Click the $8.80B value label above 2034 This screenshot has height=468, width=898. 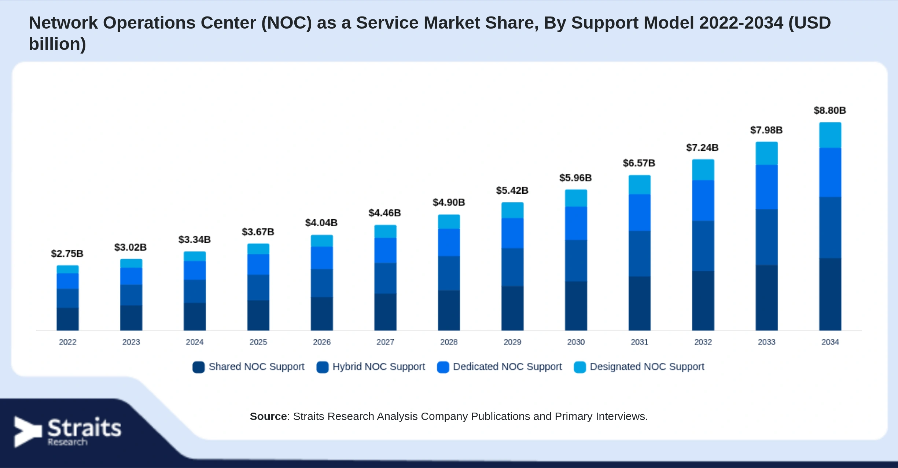pyautogui.click(x=830, y=110)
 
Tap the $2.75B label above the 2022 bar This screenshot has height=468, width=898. pyautogui.click(x=67, y=253)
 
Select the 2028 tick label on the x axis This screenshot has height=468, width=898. pyautogui.click(x=449, y=342)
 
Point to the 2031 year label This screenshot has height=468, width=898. pyautogui.click(x=639, y=342)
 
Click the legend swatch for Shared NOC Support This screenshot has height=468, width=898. pyautogui.click(x=199, y=367)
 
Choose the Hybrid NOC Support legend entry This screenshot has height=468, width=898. pyautogui.click(x=371, y=367)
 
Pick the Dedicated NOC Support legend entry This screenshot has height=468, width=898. pyautogui.click(x=500, y=367)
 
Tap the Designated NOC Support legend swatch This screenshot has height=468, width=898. pyautogui.click(x=580, y=367)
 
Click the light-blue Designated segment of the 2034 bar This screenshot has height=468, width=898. pyautogui.click(x=830, y=135)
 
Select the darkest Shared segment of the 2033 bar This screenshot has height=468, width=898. pyautogui.click(x=766, y=297)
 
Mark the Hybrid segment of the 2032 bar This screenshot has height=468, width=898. pyautogui.click(x=703, y=246)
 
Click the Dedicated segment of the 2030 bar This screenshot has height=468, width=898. pyautogui.click(x=576, y=223)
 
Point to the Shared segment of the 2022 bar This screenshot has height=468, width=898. pyautogui.click(x=67, y=319)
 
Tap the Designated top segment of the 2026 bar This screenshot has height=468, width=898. pyautogui.click(x=322, y=241)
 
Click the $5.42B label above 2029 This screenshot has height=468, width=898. pyautogui.click(x=512, y=190)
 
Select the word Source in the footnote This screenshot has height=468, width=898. pyautogui.click(x=268, y=416)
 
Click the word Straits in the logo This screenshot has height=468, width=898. pyautogui.click(x=84, y=427)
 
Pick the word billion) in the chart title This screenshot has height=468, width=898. pyautogui.click(x=58, y=44)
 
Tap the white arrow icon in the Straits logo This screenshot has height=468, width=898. pyautogui.click(x=28, y=432)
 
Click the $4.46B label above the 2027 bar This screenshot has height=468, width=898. pyautogui.click(x=384, y=213)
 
